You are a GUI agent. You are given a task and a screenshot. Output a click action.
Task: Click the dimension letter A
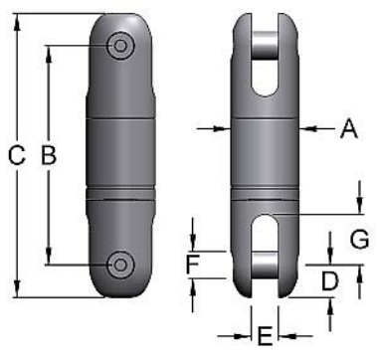tap(347, 127)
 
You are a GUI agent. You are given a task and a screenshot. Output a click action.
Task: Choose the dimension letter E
tap(265, 335)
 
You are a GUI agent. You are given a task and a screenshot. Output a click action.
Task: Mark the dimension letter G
tap(359, 239)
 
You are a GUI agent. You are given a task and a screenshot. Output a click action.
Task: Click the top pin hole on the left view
tap(121, 46)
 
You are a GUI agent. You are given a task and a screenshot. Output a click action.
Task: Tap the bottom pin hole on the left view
tap(121, 264)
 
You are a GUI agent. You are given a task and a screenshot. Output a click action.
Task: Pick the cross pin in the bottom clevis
tap(264, 266)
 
